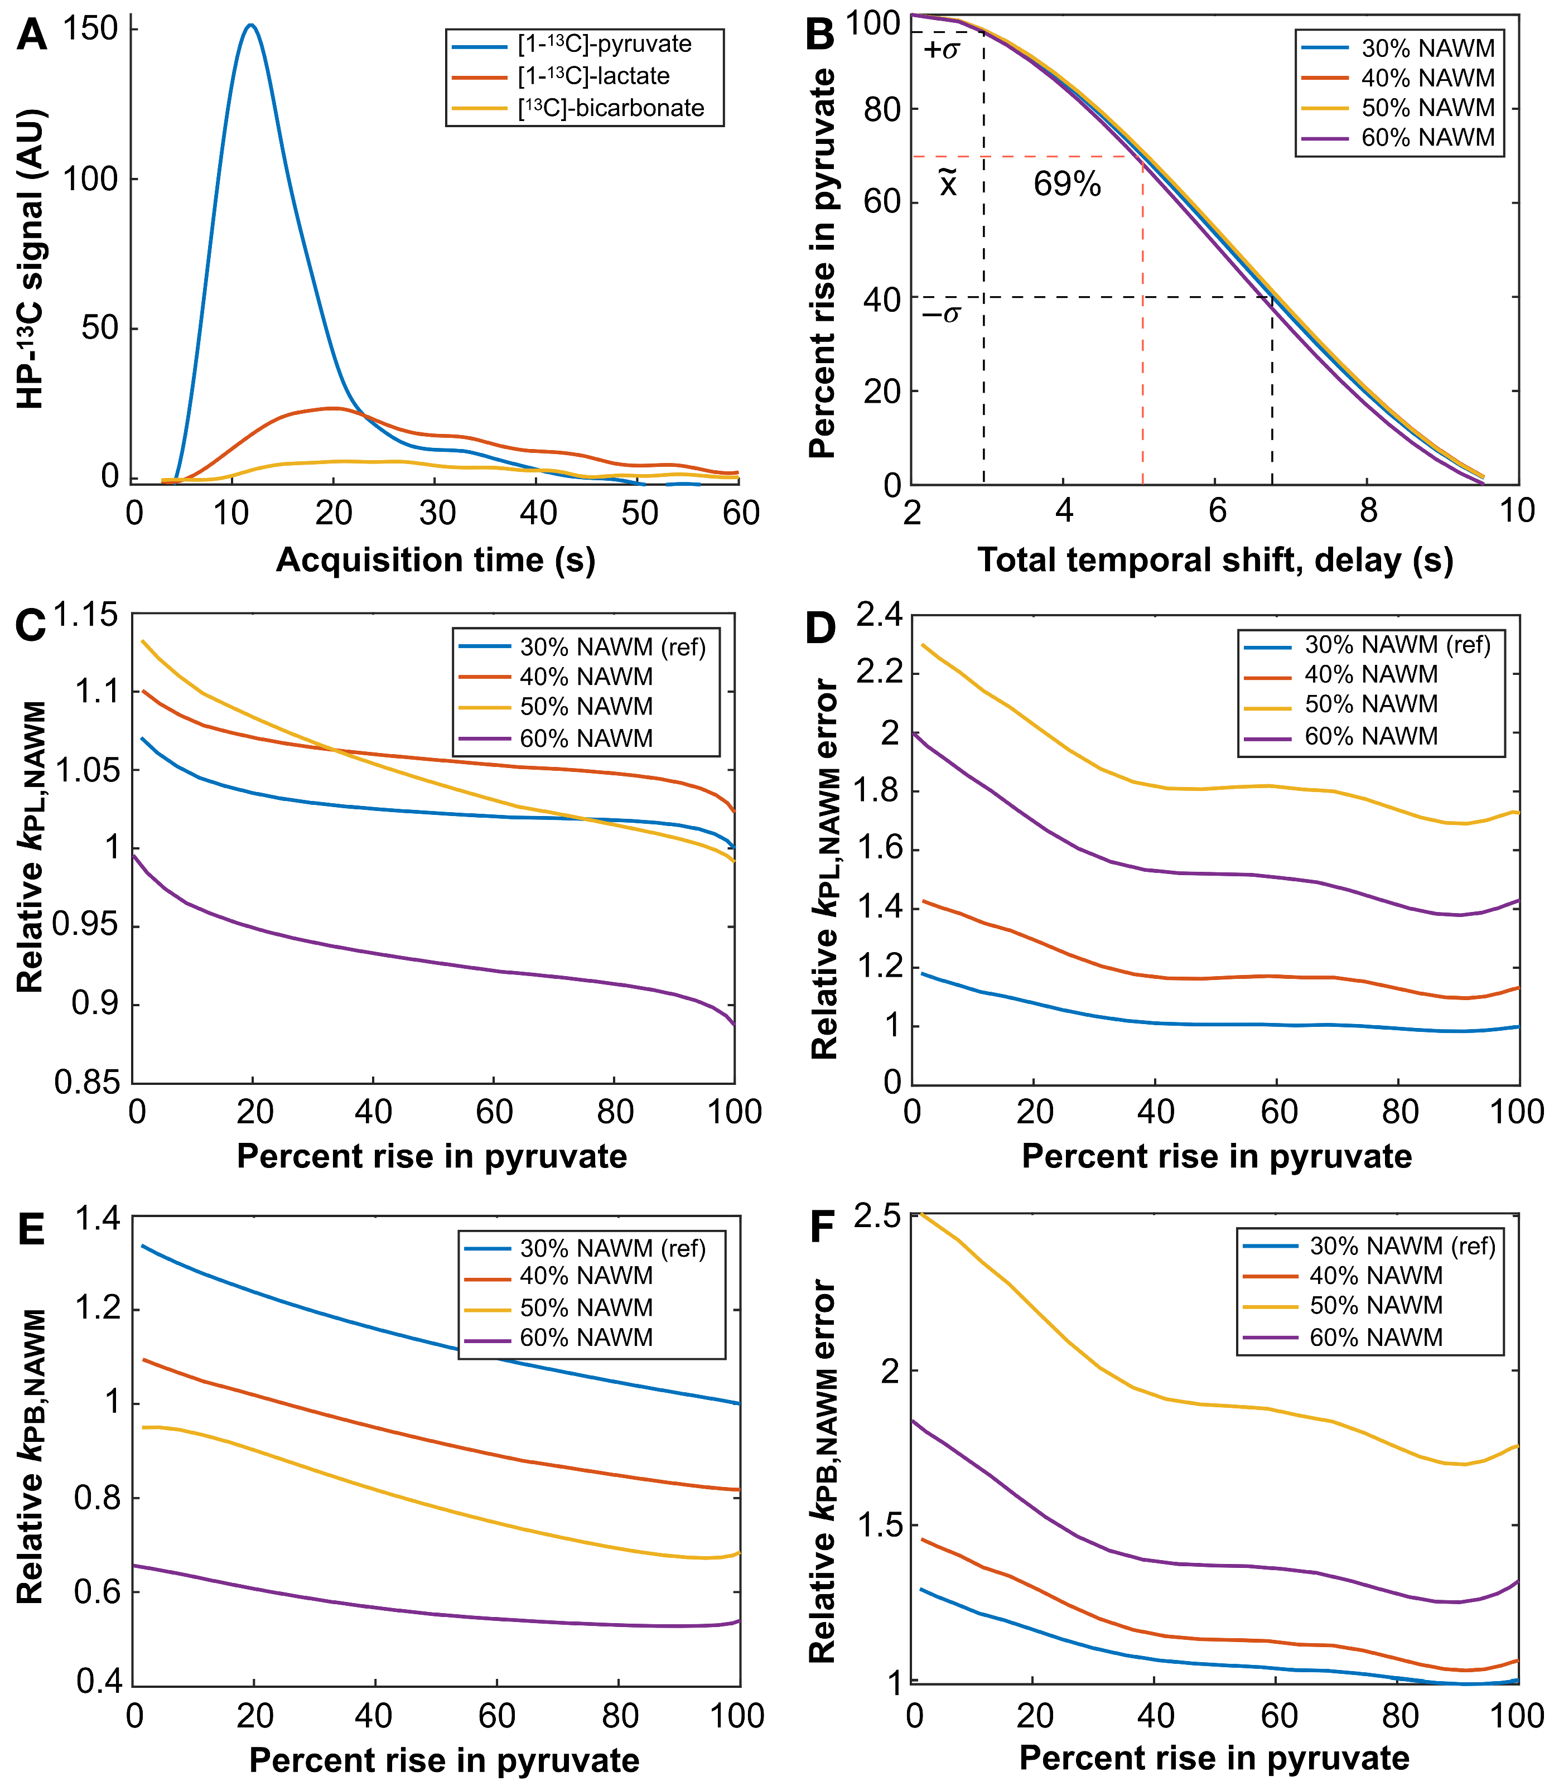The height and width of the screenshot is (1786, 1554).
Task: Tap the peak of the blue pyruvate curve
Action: [252, 25]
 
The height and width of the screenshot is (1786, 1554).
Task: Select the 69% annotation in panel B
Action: [1066, 185]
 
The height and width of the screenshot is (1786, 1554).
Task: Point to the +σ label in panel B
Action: [942, 50]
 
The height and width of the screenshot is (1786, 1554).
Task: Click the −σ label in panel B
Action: [941, 314]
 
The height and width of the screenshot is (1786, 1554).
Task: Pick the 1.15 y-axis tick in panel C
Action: [86, 616]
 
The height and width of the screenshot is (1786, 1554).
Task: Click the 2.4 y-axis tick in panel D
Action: [879, 616]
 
